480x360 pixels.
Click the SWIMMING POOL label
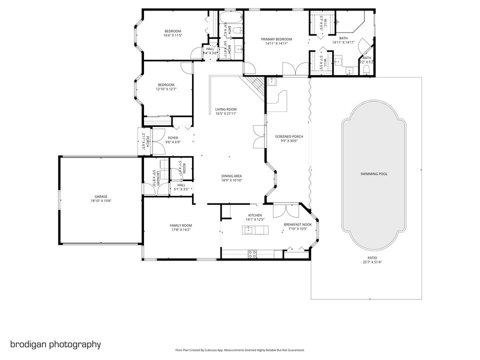pyautogui.click(x=373, y=174)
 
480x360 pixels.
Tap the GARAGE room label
pyautogui.click(x=99, y=196)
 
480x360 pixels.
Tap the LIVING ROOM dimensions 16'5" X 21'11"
pyautogui.click(x=226, y=113)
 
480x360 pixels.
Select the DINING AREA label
pyautogui.click(x=231, y=176)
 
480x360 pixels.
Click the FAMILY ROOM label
pyautogui.click(x=180, y=225)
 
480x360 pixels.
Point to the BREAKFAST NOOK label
pyautogui.click(x=297, y=224)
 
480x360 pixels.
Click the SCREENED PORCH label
pyautogui.click(x=289, y=136)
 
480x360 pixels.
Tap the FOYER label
pyautogui.click(x=173, y=138)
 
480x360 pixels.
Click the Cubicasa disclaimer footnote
pyautogui.click(x=239, y=350)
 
